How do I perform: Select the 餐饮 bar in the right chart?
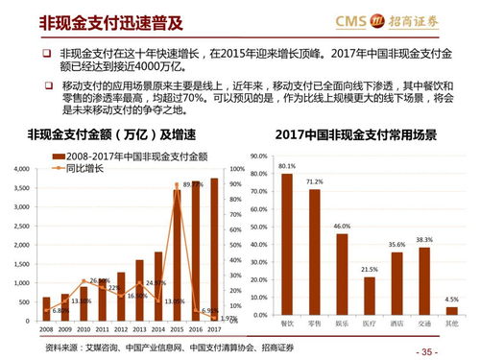(286, 245)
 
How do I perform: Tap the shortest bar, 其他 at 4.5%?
(452, 310)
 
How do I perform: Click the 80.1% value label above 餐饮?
(286, 166)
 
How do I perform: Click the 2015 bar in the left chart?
(177, 255)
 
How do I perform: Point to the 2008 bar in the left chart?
(46, 309)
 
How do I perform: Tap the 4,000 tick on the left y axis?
(21, 169)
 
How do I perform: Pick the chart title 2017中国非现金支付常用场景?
(362, 133)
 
